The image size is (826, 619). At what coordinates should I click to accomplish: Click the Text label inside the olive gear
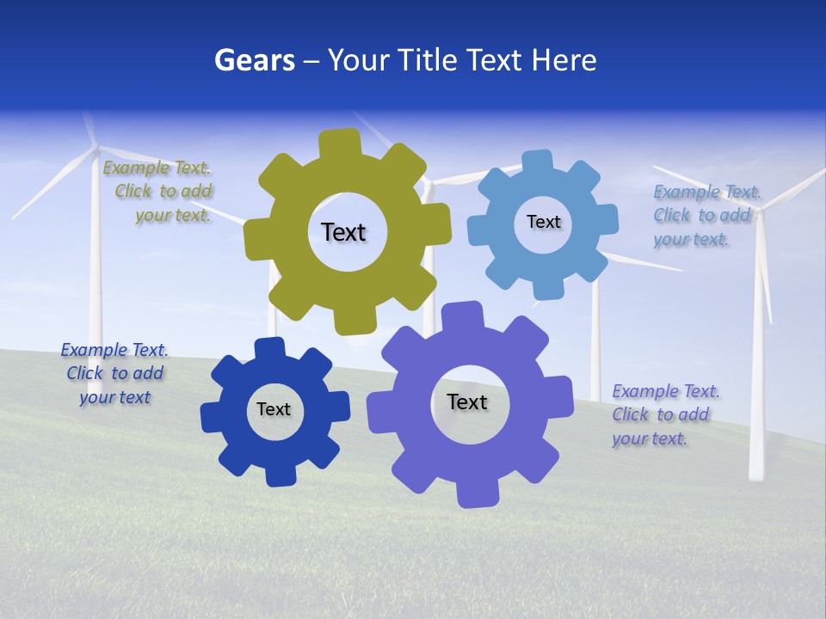pos(343,232)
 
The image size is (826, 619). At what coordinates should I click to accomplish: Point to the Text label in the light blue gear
pos(543,222)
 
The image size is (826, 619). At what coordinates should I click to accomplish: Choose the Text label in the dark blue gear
pos(274,409)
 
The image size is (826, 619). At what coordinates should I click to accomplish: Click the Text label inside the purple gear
pos(467,401)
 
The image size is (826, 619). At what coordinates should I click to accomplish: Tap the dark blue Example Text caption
pos(114,373)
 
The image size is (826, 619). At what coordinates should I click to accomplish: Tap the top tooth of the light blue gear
pos(537,162)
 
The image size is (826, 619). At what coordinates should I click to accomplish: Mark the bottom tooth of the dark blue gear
pos(280,475)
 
